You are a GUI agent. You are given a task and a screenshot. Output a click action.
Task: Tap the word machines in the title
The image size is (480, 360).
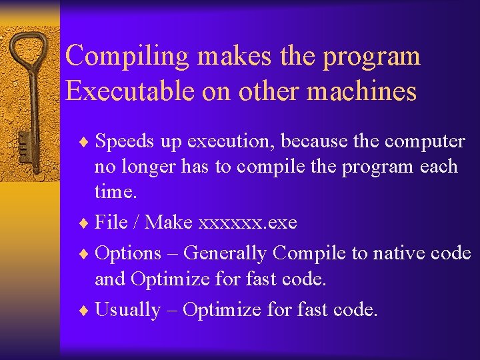point(370,91)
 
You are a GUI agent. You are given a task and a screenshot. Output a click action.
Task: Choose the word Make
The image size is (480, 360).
point(169,222)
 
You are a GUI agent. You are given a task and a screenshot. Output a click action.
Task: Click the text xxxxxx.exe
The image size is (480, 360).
point(248,222)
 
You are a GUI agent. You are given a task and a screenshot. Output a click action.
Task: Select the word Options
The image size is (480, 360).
point(128,254)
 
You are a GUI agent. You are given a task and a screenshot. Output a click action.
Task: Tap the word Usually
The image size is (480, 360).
point(127,310)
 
